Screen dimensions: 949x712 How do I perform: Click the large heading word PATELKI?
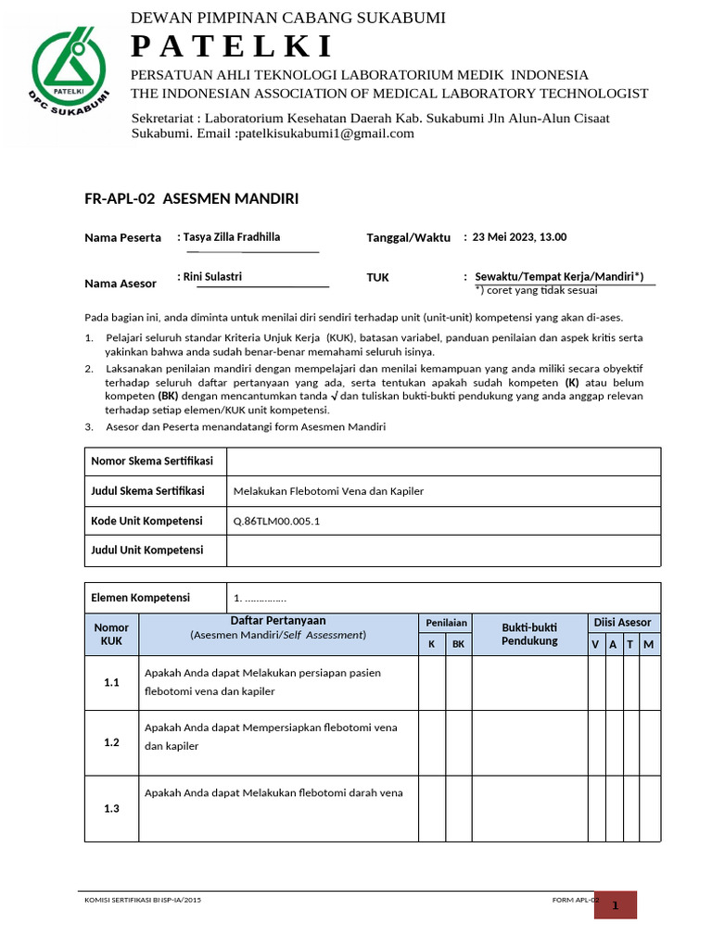(x=232, y=46)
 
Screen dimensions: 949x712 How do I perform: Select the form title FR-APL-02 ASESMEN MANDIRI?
(x=191, y=198)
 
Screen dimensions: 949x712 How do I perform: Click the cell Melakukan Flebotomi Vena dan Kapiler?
(x=328, y=491)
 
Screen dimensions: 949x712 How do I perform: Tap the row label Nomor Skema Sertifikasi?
(x=152, y=462)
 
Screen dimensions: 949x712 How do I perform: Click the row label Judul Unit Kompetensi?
(x=146, y=550)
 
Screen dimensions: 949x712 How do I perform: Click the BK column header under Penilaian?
(x=458, y=644)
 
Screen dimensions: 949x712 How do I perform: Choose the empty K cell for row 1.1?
(x=432, y=682)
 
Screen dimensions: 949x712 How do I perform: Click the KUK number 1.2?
(x=112, y=742)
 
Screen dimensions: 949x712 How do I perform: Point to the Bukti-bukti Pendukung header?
(x=529, y=634)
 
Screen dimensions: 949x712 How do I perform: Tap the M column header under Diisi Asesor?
(x=649, y=644)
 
